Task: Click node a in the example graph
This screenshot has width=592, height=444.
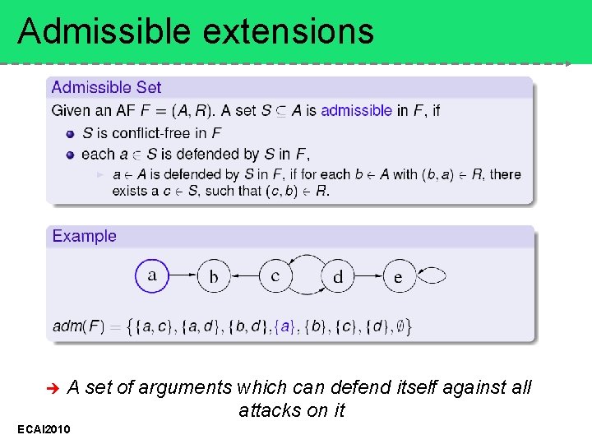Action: (x=152, y=275)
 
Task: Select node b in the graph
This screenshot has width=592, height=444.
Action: (x=214, y=276)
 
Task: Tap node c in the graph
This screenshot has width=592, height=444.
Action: (x=275, y=276)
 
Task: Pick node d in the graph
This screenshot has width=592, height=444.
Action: (x=338, y=276)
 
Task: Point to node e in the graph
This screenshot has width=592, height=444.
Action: (x=399, y=276)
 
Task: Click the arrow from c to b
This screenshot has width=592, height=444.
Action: (x=244, y=276)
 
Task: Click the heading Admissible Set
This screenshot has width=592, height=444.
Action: (x=106, y=87)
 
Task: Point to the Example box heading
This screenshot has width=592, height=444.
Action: (x=85, y=236)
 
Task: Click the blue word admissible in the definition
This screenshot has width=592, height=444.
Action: (x=356, y=110)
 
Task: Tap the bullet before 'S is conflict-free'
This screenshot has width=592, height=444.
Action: (x=72, y=133)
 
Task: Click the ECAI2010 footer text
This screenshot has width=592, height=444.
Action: (x=44, y=429)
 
